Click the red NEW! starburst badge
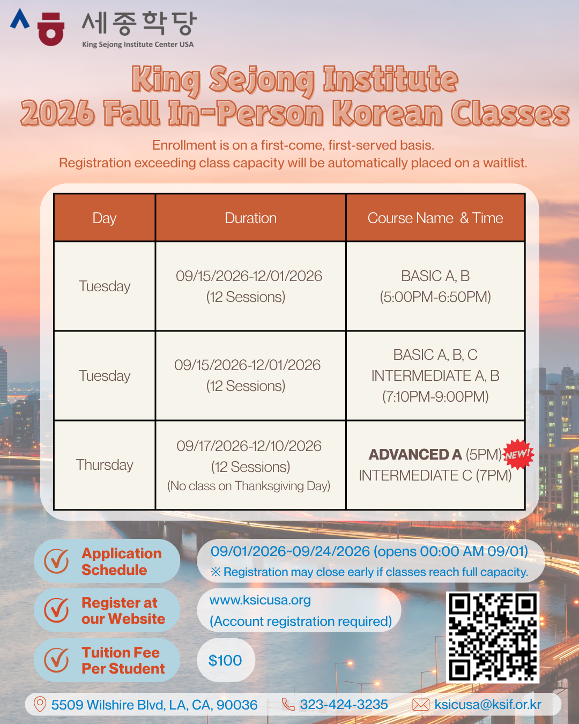coord(518,454)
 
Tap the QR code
coord(493,638)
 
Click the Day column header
coord(105,218)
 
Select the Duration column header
coord(251,218)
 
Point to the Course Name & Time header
coord(435,218)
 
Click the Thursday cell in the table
coord(105,464)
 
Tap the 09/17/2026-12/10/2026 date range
coord(249,446)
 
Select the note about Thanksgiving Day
coord(249,486)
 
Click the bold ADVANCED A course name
coord(415,455)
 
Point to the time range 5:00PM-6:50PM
coord(435,297)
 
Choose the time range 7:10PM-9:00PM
coord(435,396)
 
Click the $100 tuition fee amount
coord(225,660)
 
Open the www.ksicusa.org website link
coord(260,600)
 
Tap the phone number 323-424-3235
coord(344,704)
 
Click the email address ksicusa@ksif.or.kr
coord(488,704)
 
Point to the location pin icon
coord(40,704)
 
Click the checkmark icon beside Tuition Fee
coord(56,660)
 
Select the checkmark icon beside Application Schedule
coord(56,561)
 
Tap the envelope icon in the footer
coord(420,705)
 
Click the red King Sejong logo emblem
coord(51,29)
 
